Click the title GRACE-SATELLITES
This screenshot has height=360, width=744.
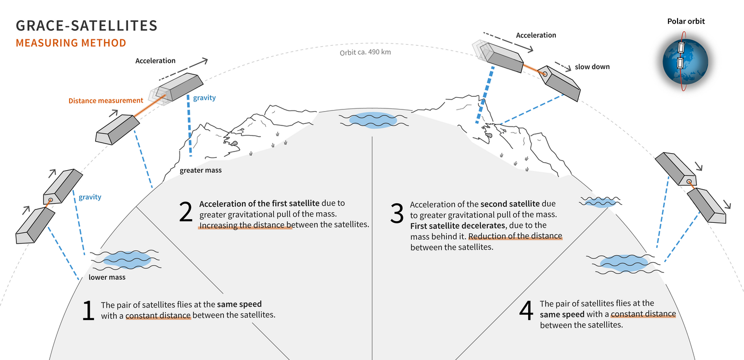tap(87, 26)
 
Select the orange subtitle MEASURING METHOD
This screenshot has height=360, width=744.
tap(71, 43)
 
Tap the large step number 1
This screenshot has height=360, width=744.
tap(88, 311)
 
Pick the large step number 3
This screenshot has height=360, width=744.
tap(397, 214)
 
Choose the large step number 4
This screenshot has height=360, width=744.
tap(526, 312)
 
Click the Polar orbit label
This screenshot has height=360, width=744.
tap(686, 22)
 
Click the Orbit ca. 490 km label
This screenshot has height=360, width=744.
tap(366, 53)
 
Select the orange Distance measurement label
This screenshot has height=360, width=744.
tap(106, 101)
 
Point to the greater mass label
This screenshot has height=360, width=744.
tap(200, 171)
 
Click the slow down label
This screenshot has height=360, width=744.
tap(592, 67)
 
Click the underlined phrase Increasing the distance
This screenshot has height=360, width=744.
tap(245, 225)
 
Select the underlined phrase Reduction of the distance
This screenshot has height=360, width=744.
tap(515, 237)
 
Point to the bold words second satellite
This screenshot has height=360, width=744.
tap(510, 204)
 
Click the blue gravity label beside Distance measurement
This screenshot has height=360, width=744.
tap(204, 98)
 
